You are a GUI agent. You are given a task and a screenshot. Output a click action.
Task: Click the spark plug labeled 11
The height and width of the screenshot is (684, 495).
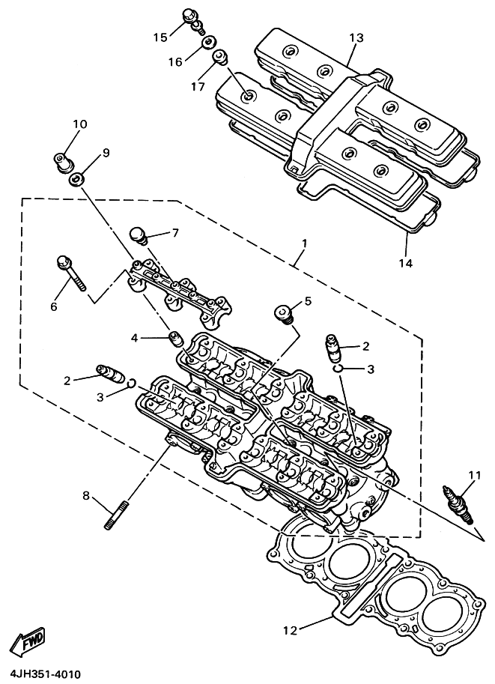458,505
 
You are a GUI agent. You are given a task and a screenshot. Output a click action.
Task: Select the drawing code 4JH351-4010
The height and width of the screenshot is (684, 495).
41,674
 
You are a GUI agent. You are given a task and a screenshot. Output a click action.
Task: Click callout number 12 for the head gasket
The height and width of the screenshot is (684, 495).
291,630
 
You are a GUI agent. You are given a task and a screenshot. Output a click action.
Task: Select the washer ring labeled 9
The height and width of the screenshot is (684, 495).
77,179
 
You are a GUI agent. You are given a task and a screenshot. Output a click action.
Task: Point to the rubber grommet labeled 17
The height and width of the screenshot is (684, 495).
220,58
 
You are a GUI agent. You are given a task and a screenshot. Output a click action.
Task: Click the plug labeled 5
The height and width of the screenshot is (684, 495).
285,315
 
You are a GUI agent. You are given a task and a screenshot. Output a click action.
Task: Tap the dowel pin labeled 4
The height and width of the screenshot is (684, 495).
176,339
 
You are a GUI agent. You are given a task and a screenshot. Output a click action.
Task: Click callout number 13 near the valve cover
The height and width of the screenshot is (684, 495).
356,37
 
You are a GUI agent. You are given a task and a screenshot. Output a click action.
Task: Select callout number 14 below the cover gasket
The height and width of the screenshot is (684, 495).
405,263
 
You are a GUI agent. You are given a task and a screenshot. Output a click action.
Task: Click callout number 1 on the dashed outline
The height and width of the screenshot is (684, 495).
304,243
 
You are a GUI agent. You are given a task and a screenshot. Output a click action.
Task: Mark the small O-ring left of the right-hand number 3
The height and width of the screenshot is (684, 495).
337,369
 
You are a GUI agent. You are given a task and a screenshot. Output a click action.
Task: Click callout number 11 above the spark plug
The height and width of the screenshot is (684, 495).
475,475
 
